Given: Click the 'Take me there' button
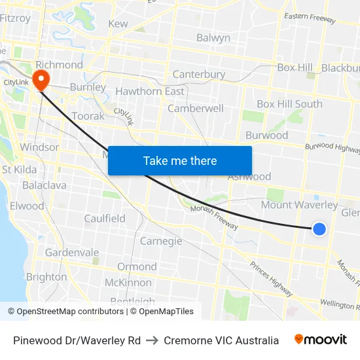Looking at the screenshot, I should click(180, 160).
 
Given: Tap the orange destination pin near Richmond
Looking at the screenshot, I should click(41, 80).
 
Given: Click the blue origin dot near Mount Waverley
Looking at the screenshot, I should click(319, 228).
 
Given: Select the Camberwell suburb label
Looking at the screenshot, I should click(196, 109).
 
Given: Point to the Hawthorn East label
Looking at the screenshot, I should click(150, 92).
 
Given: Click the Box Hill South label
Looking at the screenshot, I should click(289, 104).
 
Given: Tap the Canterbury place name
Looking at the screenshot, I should click(198, 75).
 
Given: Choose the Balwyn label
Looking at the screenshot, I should click(213, 38).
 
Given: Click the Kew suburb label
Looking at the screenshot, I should click(118, 24).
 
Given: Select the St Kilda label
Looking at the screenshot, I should click(20, 170).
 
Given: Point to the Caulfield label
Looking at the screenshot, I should click(105, 219).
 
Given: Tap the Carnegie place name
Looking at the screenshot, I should click(161, 241).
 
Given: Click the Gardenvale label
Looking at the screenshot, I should click(72, 253).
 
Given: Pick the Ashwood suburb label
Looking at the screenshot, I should click(249, 177).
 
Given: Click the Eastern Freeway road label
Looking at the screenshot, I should click(310, 18).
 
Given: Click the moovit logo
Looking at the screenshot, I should click(321, 340).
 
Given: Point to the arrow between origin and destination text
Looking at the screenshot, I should click(152, 340).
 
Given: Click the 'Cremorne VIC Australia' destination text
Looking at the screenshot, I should click(221, 340).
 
